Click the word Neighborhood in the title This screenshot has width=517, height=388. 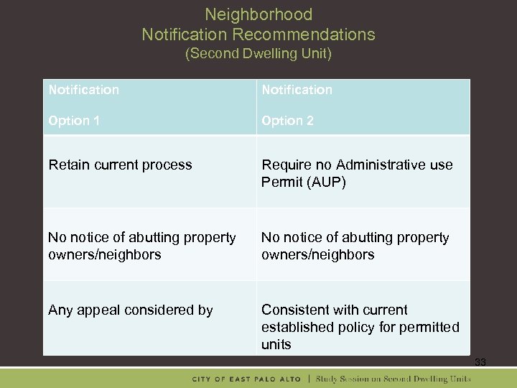tap(258, 14)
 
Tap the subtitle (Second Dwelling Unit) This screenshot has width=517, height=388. tap(258, 54)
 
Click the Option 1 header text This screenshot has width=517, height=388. tap(74, 121)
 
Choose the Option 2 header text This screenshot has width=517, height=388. tap(287, 121)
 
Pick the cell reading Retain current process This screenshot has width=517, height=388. tap(120, 165)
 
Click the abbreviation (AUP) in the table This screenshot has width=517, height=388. tap(326, 183)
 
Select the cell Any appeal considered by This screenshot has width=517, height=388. tap(130, 310)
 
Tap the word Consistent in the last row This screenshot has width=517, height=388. tap(293, 310)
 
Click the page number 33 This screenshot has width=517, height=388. tap(480, 363)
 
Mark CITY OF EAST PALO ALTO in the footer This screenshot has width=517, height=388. tap(250, 379)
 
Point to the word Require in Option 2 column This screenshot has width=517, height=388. tap(284, 165)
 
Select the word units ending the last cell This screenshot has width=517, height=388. tap(276, 344)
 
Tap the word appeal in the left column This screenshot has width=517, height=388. tap(98, 310)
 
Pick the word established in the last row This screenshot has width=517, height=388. tap(296, 327)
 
